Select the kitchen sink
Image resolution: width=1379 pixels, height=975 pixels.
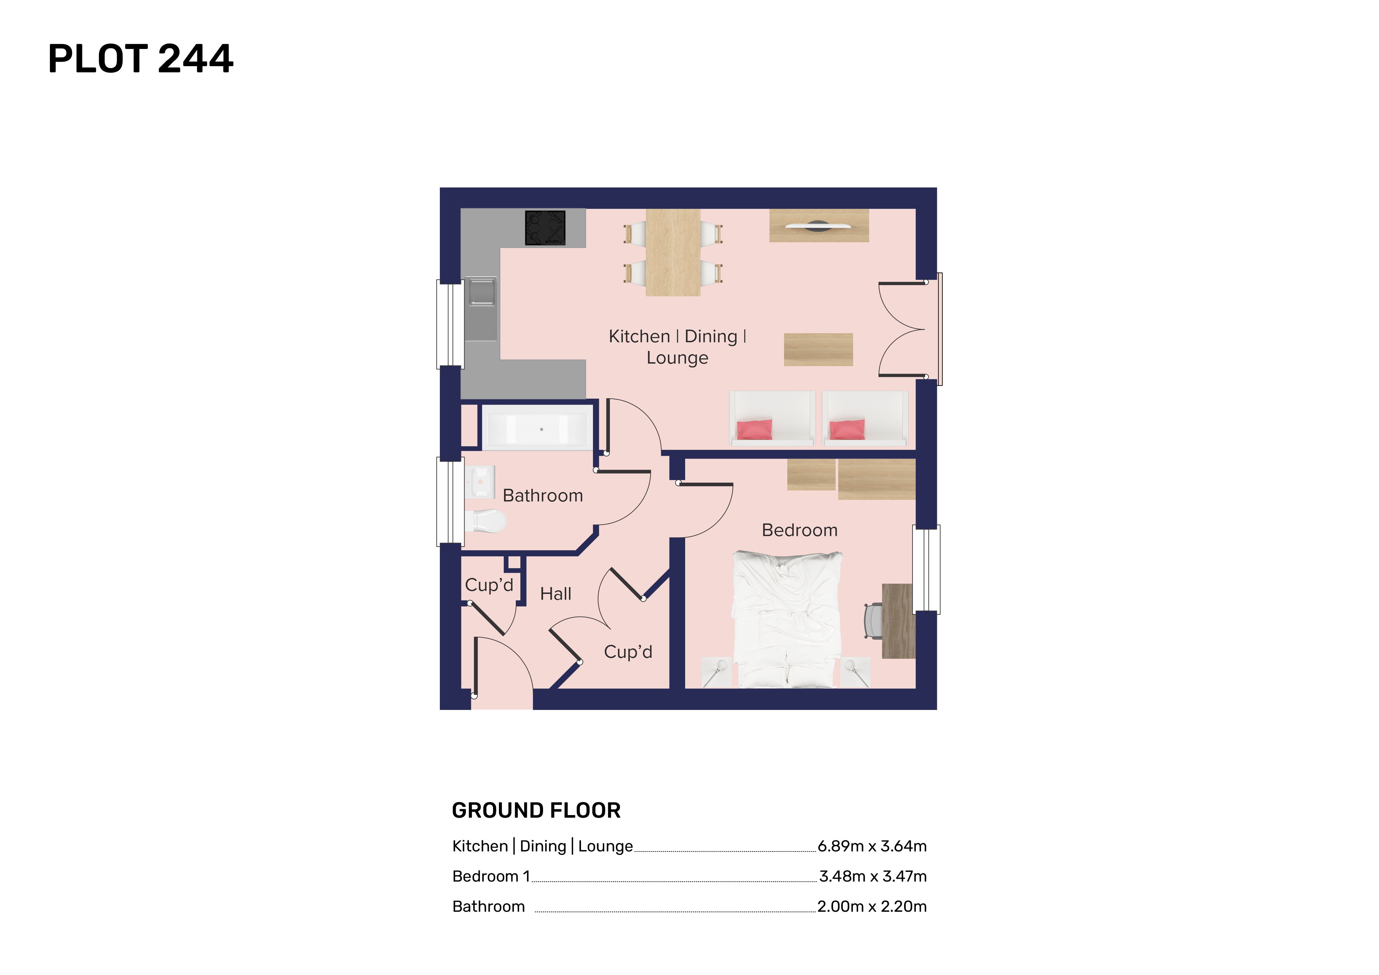click(481, 308)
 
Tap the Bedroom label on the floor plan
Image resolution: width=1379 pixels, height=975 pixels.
click(799, 530)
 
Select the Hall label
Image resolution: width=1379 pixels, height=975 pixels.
click(556, 594)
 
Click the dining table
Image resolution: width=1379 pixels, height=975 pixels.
click(673, 252)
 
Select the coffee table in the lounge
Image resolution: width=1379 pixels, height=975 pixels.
click(818, 349)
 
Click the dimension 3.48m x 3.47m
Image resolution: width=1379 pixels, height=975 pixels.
click(873, 876)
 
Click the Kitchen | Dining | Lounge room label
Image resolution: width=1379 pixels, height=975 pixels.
click(677, 346)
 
